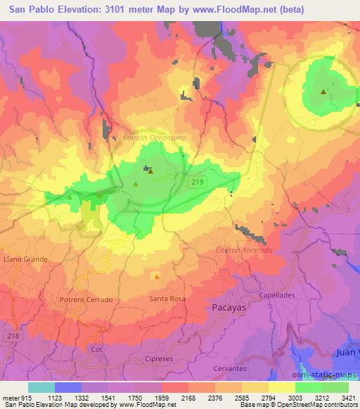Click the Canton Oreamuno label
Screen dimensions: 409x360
tap(154, 138)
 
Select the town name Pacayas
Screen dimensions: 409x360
tap(229, 307)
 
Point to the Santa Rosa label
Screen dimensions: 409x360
tap(167, 299)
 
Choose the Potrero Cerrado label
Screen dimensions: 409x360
tap(86, 299)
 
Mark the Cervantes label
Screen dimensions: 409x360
tap(231, 368)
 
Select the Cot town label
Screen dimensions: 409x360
tap(97, 348)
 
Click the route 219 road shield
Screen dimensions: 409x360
tap(200, 182)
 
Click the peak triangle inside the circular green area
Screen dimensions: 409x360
tap(323, 91)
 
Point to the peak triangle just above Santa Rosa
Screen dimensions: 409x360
tap(155, 275)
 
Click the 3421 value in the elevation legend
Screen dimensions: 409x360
tap(349, 397)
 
